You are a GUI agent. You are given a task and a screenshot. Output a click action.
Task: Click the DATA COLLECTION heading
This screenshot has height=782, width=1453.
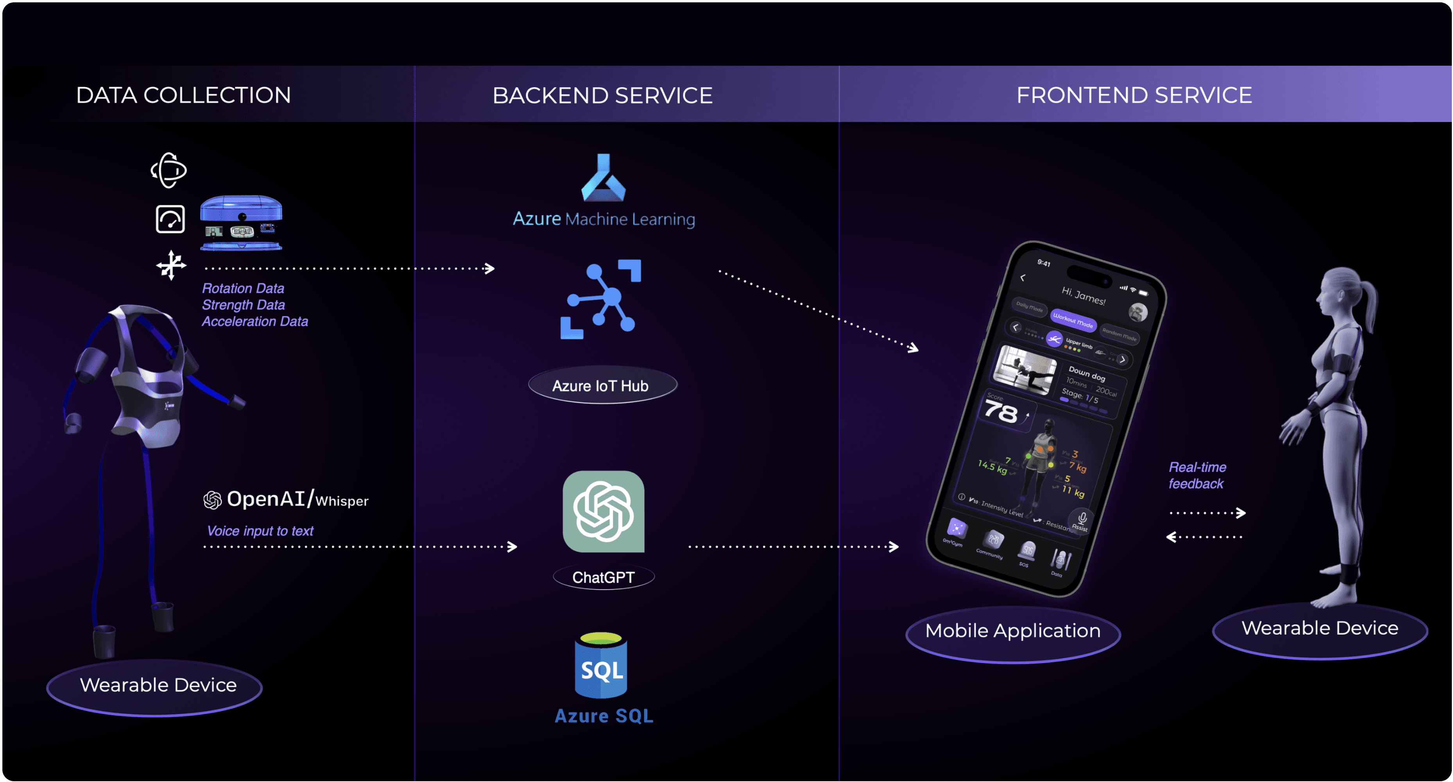(x=183, y=95)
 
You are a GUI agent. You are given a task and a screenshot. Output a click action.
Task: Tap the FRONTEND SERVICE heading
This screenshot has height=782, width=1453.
(x=1134, y=95)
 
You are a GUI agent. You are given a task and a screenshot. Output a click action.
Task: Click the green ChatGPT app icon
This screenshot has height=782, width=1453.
(x=603, y=512)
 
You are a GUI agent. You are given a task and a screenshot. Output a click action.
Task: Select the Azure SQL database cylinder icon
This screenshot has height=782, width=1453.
(x=601, y=666)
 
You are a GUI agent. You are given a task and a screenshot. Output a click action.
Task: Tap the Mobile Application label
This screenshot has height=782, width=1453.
(x=1012, y=631)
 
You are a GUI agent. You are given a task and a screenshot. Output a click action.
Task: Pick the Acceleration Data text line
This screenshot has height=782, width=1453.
(x=255, y=322)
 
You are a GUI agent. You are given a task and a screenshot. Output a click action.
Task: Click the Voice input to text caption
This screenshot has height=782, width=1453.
(x=260, y=531)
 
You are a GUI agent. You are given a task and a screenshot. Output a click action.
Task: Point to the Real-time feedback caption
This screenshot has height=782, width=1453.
(x=1197, y=475)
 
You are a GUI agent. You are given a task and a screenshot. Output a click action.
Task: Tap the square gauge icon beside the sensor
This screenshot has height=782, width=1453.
(x=170, y=219)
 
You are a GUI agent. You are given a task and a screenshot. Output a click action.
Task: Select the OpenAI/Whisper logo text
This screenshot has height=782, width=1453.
(x=286, y=499)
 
